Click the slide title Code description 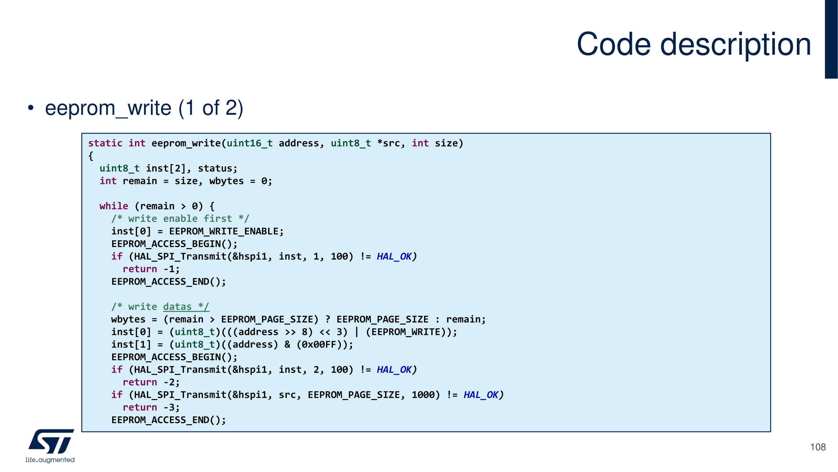[x=694, y=45]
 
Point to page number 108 [x=818, y=447]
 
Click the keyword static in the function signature [x=105, y=143]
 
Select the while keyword [x=113, y=206]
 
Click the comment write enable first [x=180, y=219]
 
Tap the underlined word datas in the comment [x=177, y=307]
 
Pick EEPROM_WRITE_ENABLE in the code [x=224, y=231]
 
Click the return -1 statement [x=151, y=269]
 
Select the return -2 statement [x=151, y=382]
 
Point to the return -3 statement [x=151, y=407]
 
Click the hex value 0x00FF [x=318, y=344]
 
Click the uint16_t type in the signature [x=249, y=143]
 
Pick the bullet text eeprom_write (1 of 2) [x=144, y=108]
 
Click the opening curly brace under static [x=91, y=156]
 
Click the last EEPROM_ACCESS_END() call [x=168, y=420]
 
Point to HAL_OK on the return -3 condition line [x=481, y=395]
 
